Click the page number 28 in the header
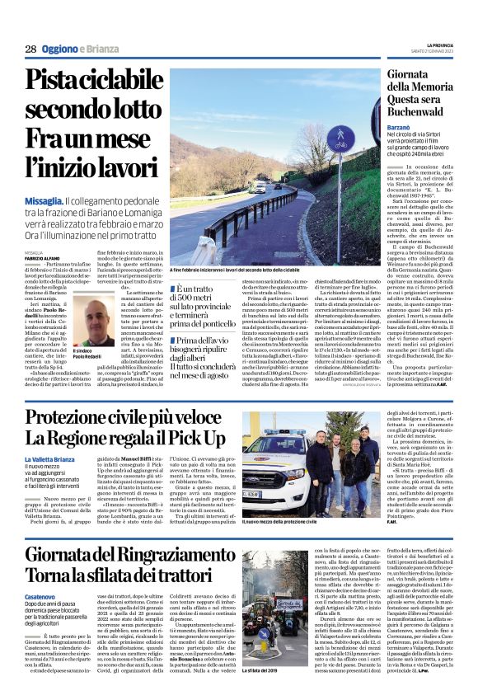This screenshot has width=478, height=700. pos(30,49)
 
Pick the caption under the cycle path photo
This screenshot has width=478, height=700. pos(246,269)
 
